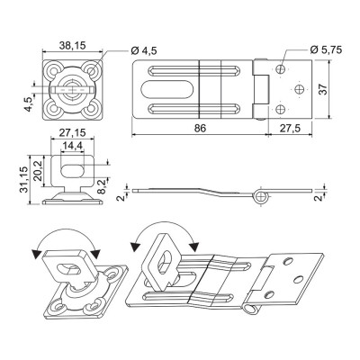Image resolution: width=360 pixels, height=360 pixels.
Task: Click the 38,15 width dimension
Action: [72, 46]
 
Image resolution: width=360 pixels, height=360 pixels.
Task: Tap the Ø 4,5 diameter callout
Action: [144, 50]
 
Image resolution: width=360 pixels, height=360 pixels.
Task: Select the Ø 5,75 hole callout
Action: [326, 49]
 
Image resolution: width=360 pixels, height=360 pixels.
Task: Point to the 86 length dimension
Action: [200, 128]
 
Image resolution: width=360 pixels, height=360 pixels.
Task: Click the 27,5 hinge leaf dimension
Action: [290, 128]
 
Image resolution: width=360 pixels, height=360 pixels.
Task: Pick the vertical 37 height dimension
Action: [323, 89]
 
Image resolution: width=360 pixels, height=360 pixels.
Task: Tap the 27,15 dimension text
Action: [72, 132]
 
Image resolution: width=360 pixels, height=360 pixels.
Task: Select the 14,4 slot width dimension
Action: [72, 146]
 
